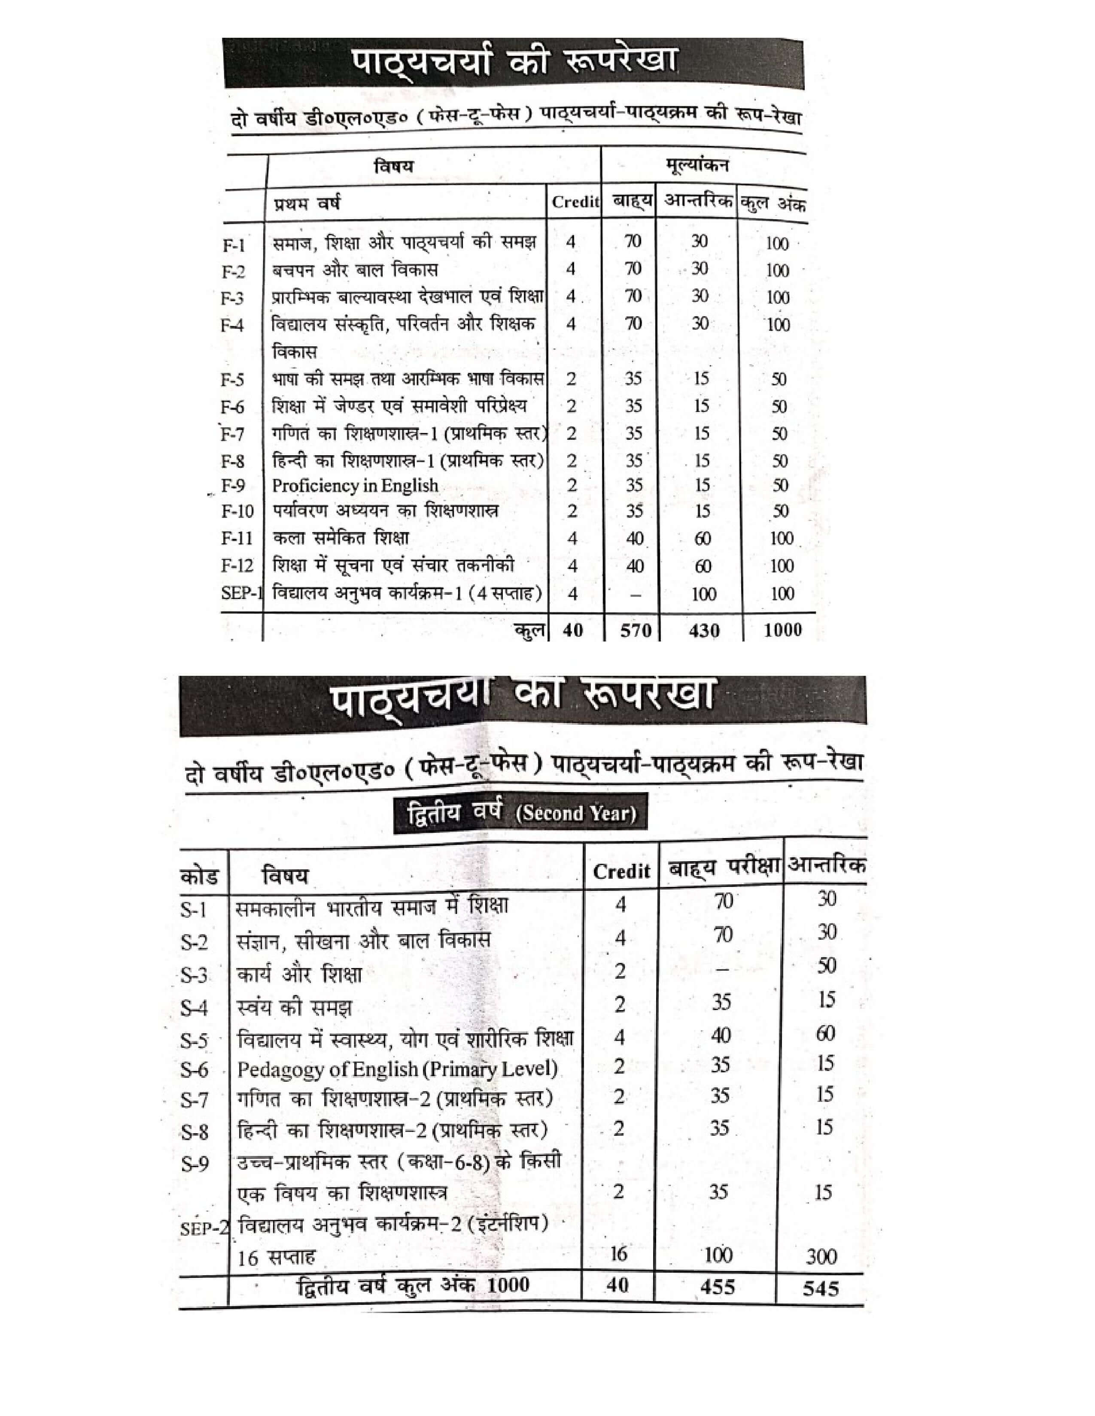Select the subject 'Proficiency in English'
click(355, 486)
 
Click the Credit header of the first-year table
click(575, 202)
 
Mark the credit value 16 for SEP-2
click(618, 1254)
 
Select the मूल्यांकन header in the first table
click(697, 166)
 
